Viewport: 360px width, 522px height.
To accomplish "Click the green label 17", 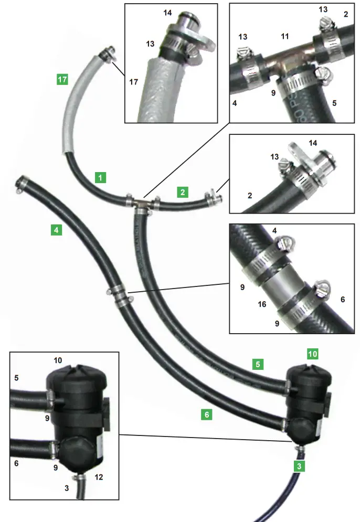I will [62, 80].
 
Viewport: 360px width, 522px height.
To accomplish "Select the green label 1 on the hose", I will [100, 177].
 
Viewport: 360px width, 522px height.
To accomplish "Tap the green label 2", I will [182, 192].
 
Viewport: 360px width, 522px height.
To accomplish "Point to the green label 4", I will [56, 230].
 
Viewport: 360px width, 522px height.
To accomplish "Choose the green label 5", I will [257, 364].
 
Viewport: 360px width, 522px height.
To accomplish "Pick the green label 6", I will [207, 414].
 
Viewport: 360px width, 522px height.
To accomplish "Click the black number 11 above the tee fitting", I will [285, 37].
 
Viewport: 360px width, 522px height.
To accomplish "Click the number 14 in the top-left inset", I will [167, 12].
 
